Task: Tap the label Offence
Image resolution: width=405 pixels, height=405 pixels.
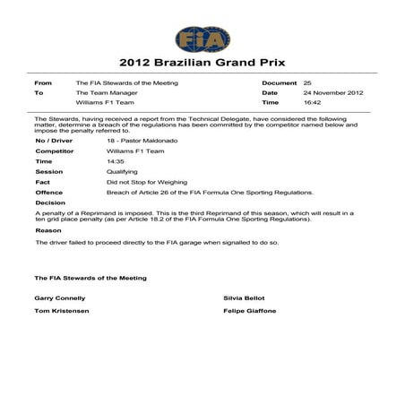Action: point(48,192)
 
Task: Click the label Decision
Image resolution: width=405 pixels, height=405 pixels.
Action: point(50,202)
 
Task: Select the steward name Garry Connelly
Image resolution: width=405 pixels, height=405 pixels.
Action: point(60,297)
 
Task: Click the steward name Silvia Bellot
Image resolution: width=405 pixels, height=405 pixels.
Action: point(246,297)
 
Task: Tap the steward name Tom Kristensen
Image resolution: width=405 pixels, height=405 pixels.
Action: point(61,311)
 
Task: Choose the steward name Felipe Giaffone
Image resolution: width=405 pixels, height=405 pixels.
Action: point(250,311)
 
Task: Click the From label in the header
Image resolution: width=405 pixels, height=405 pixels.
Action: point(42,82)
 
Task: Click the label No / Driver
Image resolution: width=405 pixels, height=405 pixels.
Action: point(54,141)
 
